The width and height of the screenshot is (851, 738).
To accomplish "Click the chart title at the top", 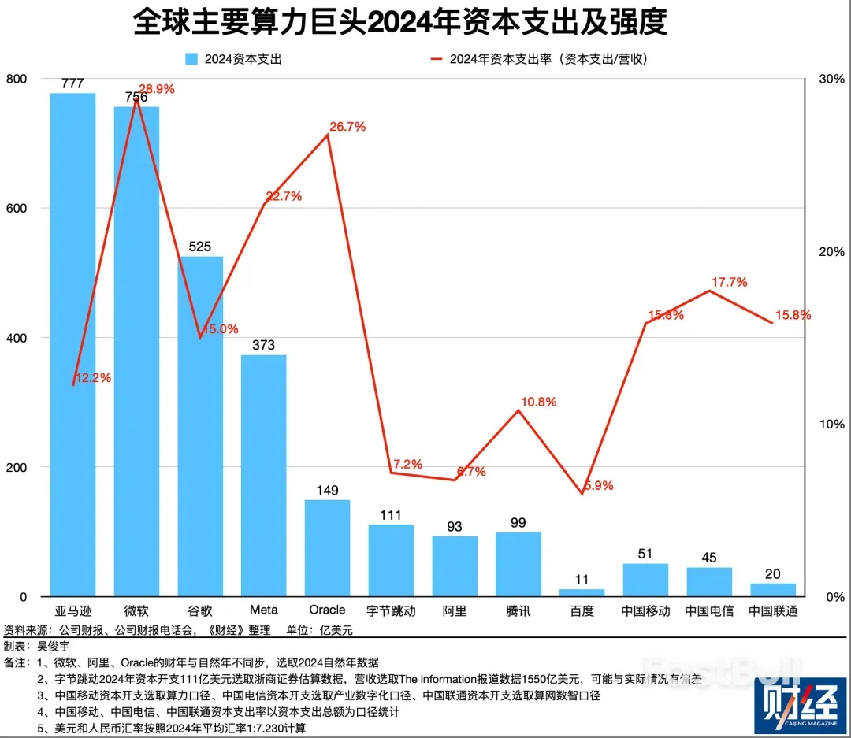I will coord(399,23).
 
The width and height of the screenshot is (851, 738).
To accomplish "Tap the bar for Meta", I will coord(263,476).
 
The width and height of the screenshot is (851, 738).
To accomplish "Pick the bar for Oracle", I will coord(327,548).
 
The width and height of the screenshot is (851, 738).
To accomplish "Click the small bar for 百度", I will coord(582,592).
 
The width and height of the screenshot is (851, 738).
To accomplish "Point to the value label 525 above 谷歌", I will coord(200,247).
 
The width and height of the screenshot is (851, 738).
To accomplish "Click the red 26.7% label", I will coord(347,127).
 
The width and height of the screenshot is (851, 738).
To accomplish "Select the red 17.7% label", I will coord(729,282).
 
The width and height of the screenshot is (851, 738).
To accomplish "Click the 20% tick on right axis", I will coord(832,252).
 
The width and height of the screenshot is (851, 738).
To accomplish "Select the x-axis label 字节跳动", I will coord(391,611).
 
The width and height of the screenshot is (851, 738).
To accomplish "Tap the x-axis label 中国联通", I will coord(772,611).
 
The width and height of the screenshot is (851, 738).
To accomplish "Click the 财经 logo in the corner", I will coord(799,706).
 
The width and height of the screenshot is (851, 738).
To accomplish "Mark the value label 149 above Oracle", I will coord(327,491).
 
